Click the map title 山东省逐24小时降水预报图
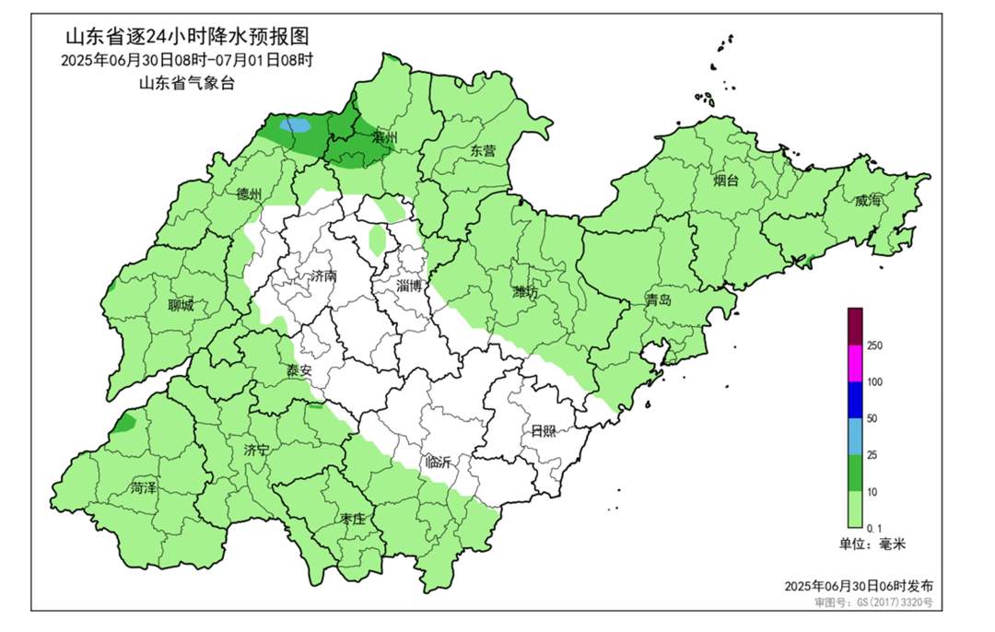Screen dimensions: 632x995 (186, 38)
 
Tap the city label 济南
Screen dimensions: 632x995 (324, 275)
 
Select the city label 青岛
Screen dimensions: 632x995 (658, 300)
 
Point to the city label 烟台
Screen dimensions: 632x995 (726, 181)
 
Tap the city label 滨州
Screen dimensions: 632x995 (384, 137)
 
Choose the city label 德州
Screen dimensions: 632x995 (249, 194)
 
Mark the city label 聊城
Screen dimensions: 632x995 (181, 306)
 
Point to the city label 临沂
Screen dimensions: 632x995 (437, 462)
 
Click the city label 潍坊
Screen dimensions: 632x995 (525, 293)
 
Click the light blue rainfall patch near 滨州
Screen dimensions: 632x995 (295, 124)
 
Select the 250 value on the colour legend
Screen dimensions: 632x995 (875, 345)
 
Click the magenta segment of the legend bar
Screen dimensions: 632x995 (856, 363)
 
